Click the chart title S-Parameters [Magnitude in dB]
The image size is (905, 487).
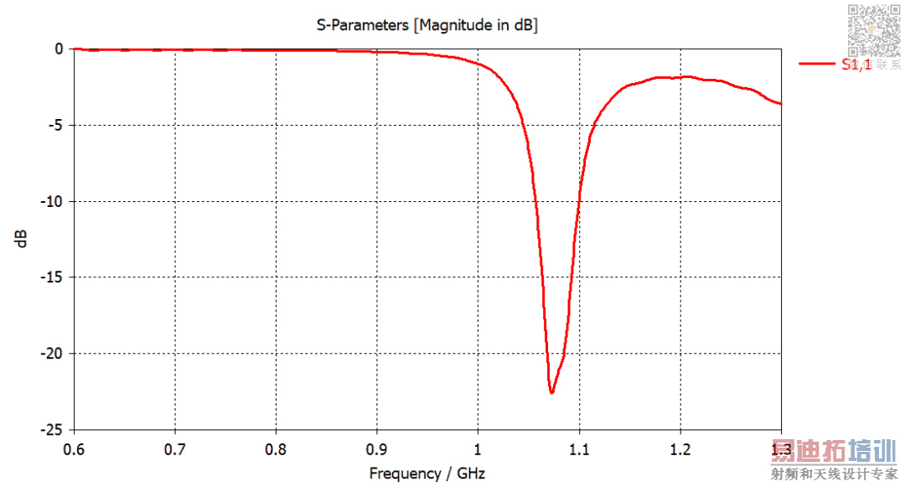click(x=427, y=25)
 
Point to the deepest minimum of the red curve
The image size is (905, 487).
click(x=551, y=392)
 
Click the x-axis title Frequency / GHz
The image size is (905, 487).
click(x=427, y=474)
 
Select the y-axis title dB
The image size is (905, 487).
click(x=22, y=238)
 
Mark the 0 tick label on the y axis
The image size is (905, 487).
click(x=59, y=49)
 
